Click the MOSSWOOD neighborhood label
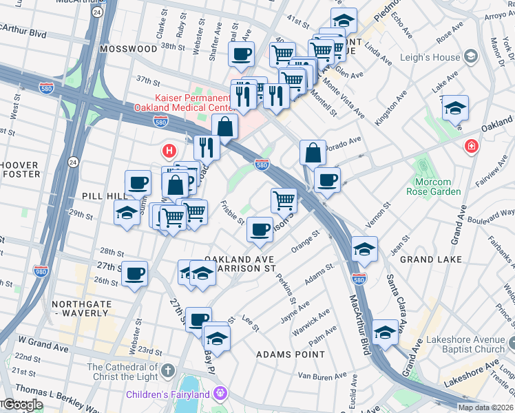tap(128, 50)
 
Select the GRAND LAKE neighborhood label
tap(425, 260)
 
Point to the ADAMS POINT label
tap(290, 354)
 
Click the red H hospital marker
tap(168, 150)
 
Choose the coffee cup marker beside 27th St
tap(135, 274)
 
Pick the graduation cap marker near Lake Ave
tap(455, 108)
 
